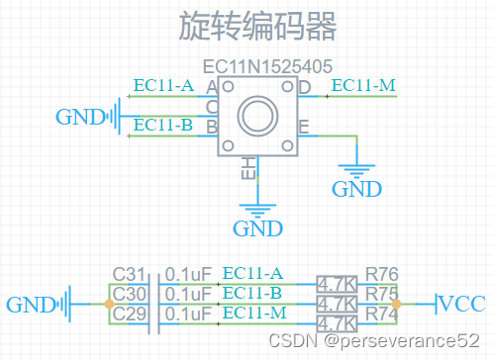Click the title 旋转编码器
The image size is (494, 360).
click(258, 27)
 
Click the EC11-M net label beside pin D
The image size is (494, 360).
click(363, 86)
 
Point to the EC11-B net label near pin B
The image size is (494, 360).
click(161, 125)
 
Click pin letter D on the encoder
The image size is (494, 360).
click(304, 88)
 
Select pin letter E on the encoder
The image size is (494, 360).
click(303, 127)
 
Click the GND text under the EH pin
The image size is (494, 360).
click(258, 229)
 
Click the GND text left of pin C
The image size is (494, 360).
click(79, 117)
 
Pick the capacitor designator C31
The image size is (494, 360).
click(129, 274)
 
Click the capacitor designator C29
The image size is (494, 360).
click(129, 314)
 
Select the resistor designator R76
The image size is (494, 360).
click(380, 274)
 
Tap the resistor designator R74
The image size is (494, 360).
click(380, 314)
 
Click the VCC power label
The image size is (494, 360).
click(461, 303)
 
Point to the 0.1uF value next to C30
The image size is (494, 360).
click(187, 294)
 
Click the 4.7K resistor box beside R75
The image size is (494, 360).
click(337, 304)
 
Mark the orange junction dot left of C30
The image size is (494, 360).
click(108, 304)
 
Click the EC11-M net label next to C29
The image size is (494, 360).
click(253, 313)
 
